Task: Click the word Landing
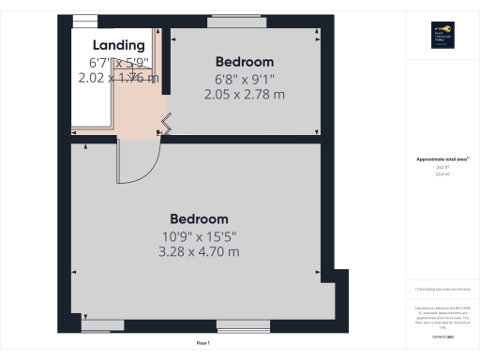coord(119,44)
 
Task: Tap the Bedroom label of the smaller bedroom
coord(244,62)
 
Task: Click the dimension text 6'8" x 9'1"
coord(244,79)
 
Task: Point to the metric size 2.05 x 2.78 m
coord(244,95)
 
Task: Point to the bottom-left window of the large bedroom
coord(102,325)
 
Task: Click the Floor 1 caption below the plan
coord(203,344)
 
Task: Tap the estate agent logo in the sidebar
coord(442,34)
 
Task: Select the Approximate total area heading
coord(441,159)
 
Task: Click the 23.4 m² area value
coord(441,174)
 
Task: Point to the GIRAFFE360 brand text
coord(441,336)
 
